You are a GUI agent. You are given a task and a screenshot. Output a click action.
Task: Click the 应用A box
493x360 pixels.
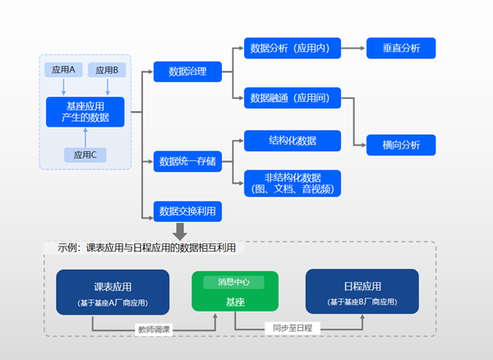point(63,70)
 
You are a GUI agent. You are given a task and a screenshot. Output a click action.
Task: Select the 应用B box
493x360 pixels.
point(108,70)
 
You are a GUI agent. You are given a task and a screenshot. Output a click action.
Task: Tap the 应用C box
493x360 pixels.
point(85,155)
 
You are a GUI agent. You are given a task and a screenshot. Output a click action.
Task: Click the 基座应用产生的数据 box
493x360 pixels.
point(85,112)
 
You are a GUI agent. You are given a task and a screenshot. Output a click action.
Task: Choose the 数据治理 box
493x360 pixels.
point(187,72)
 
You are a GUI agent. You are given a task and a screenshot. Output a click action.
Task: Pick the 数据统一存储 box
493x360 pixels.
point(187,161)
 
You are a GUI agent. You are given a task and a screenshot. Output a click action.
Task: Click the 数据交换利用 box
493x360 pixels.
point(187,211)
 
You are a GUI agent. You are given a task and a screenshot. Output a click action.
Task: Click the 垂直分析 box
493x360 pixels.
point(401,48)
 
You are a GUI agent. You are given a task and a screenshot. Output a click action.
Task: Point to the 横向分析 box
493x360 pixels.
point(401,145)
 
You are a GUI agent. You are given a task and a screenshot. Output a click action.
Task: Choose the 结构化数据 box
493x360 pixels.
point(293,141)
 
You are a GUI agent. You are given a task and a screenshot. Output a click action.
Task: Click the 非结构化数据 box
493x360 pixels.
point(293,183)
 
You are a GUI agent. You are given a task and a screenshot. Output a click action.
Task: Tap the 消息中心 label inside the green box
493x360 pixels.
point(234,282)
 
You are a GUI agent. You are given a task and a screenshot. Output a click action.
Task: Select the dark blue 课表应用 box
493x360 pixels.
point(113,293)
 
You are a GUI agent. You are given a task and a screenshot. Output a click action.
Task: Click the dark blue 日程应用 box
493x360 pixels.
point(362,293)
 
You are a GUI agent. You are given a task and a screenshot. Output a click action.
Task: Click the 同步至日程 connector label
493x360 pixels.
point(293,328)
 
